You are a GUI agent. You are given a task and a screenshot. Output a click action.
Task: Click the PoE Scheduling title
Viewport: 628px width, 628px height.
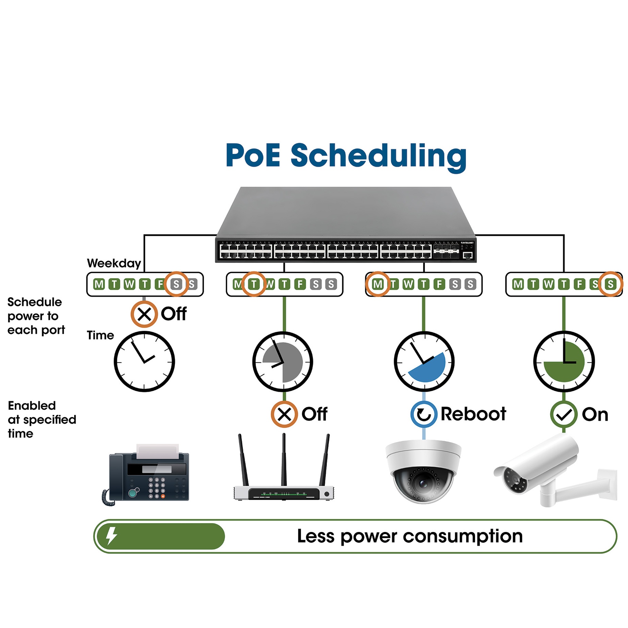pos(346,156)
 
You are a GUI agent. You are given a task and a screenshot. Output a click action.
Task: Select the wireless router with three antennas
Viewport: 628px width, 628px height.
pos(284,467)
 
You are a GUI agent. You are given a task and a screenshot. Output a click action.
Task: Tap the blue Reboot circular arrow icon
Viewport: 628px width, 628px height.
pos(424,414)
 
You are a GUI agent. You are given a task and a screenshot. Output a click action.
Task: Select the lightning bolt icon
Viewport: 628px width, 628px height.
pos(112,536)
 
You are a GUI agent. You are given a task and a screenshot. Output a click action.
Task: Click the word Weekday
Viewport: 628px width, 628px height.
pos(114,263)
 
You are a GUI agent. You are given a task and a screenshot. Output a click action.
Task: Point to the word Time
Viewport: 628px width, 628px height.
pos(100,335)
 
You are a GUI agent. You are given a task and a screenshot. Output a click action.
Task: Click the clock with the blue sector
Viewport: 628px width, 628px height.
pos(424,361)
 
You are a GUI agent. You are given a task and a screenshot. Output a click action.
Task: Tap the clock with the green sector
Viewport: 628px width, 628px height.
pos(564,361)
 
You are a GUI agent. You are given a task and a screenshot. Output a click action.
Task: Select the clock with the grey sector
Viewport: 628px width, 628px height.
pos(283,361)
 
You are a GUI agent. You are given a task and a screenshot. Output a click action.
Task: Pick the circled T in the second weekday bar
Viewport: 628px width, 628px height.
pos(254,284)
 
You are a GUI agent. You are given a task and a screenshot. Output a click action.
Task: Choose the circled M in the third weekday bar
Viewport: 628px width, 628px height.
pos(378,284)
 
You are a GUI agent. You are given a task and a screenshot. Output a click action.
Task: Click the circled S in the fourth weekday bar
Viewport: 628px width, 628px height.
pos(610,284)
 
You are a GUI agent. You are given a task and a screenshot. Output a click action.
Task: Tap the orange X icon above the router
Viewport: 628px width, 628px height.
pos(284,414)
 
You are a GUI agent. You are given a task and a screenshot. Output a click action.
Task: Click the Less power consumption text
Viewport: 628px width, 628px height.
pos(410,536)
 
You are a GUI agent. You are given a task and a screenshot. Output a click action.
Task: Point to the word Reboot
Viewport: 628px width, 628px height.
pos(473,414)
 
